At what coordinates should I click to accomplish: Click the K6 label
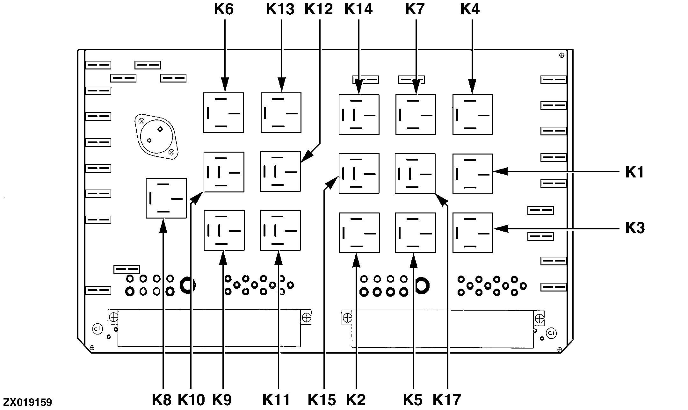tap(224, 9)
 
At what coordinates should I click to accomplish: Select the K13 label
tap(280, 9)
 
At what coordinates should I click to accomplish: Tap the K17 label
tap(447, 399)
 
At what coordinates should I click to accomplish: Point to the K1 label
tap(635, 172)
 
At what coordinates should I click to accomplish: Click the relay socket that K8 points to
tap(166, 198)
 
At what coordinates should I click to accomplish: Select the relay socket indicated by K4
tap(473, 115)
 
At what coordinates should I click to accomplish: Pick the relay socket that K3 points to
tap(473, 233)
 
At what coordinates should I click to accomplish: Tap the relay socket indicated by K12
tap(280, 171)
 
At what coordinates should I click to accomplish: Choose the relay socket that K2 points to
tap(359, 233)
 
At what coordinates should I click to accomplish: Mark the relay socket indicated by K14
tap(359, 115)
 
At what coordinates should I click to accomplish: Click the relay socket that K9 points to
tap(224, 230)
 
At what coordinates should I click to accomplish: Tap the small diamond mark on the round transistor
tap(160, 129)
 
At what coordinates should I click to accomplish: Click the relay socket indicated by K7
tap(416, 115)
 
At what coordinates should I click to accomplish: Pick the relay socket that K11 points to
tap(280, 230)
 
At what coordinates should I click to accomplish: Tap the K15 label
tap(322, 399)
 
